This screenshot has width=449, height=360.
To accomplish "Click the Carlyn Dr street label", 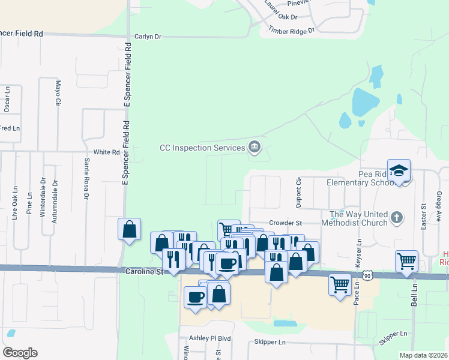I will pyautogui.click(x=148, y=37).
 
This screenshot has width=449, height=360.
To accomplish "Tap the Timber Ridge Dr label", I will pyautogui.click(x=291, y=30).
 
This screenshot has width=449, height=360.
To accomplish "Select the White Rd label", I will pyautogui.click(x=107, y=152).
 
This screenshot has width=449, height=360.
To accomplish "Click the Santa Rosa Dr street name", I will pyautogui.click(x=86, y=178).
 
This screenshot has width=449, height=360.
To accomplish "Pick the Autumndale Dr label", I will pyautogui.click(x=55, y=202).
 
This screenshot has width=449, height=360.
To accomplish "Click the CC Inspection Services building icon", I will pyautogui.click(x=255, y=147).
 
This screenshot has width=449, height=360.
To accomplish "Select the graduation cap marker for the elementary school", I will pyautogui.click(x=399, y=171).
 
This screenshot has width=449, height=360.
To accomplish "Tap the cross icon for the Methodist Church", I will pyautogui.click(x=396, y=217).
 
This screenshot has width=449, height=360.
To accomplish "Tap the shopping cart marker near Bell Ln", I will pyautogui.click(x=407, y=261).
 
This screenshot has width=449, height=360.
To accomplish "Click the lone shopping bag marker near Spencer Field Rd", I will pyautogui.click(x=129, y=229).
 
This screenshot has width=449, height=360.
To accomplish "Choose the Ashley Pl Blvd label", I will pyautogui.click(x=210, y=338).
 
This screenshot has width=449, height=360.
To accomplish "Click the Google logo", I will pyautogui.click(x=20, y=353).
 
